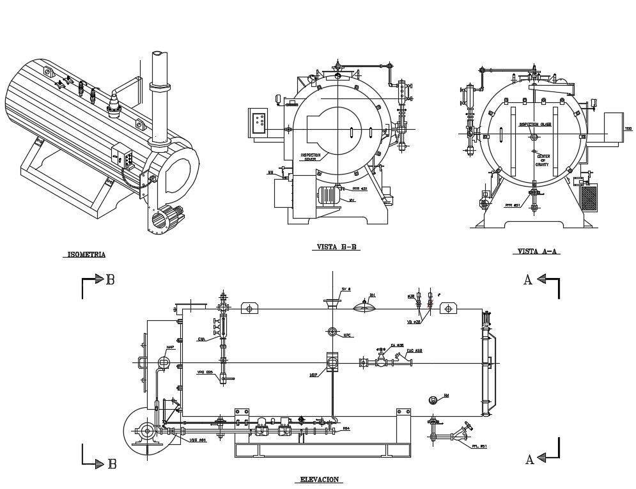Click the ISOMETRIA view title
click(86, 254)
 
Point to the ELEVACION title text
click(319, 479)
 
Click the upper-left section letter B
click(111, 280)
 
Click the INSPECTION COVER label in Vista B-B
click(311, 157)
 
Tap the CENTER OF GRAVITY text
click(543, 160)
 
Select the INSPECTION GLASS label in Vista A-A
click(535, 125)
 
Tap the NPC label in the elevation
click(348, 334)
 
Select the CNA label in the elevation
click(201, 339)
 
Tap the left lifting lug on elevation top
click(249, 309)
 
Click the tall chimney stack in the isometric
click(159, 96)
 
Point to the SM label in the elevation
click(446, 396)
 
